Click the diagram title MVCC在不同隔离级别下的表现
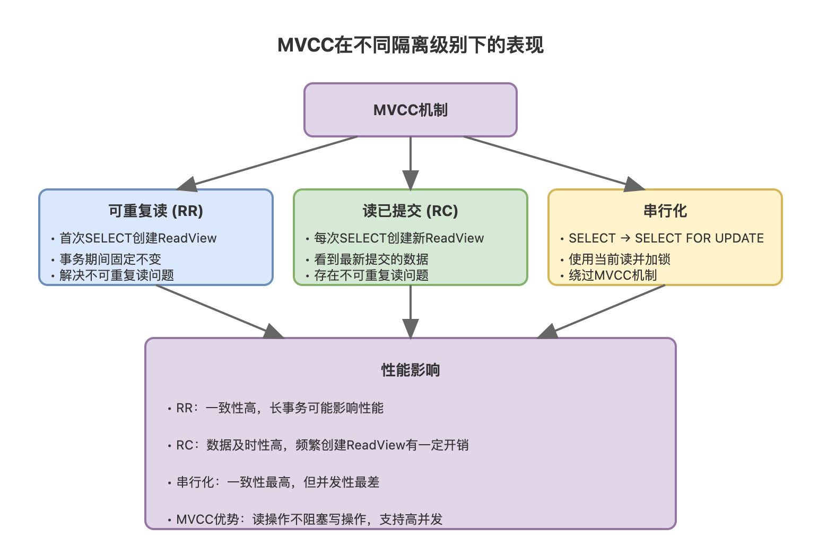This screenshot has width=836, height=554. [411, 45]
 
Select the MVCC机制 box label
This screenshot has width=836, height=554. [411, 110]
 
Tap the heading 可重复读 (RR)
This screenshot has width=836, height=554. [155, 211]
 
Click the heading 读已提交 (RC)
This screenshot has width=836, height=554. [410, 211]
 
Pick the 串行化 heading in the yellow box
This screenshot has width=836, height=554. [665, 211]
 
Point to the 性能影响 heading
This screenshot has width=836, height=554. [411, 370]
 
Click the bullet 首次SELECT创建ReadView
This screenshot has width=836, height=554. [138, 238]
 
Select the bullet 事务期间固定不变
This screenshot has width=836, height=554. [110, 259]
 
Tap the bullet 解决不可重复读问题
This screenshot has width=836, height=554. [117, 275]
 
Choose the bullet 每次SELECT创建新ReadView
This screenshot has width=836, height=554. [399, 238]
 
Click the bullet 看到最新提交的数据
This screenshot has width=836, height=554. [371, 259]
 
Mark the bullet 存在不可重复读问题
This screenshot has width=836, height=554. [371, 275]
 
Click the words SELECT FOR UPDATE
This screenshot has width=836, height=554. [699, 238]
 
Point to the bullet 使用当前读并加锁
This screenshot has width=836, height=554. [620, 259]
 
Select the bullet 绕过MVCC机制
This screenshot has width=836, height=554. [613, 275]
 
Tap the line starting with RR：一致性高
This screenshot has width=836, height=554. [280, 408]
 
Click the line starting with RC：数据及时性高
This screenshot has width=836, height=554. [323, 445]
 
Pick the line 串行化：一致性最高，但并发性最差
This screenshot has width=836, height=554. [278, 482]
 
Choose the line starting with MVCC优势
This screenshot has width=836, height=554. [309, 520]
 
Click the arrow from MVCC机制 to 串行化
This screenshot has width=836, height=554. [546, 160]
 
